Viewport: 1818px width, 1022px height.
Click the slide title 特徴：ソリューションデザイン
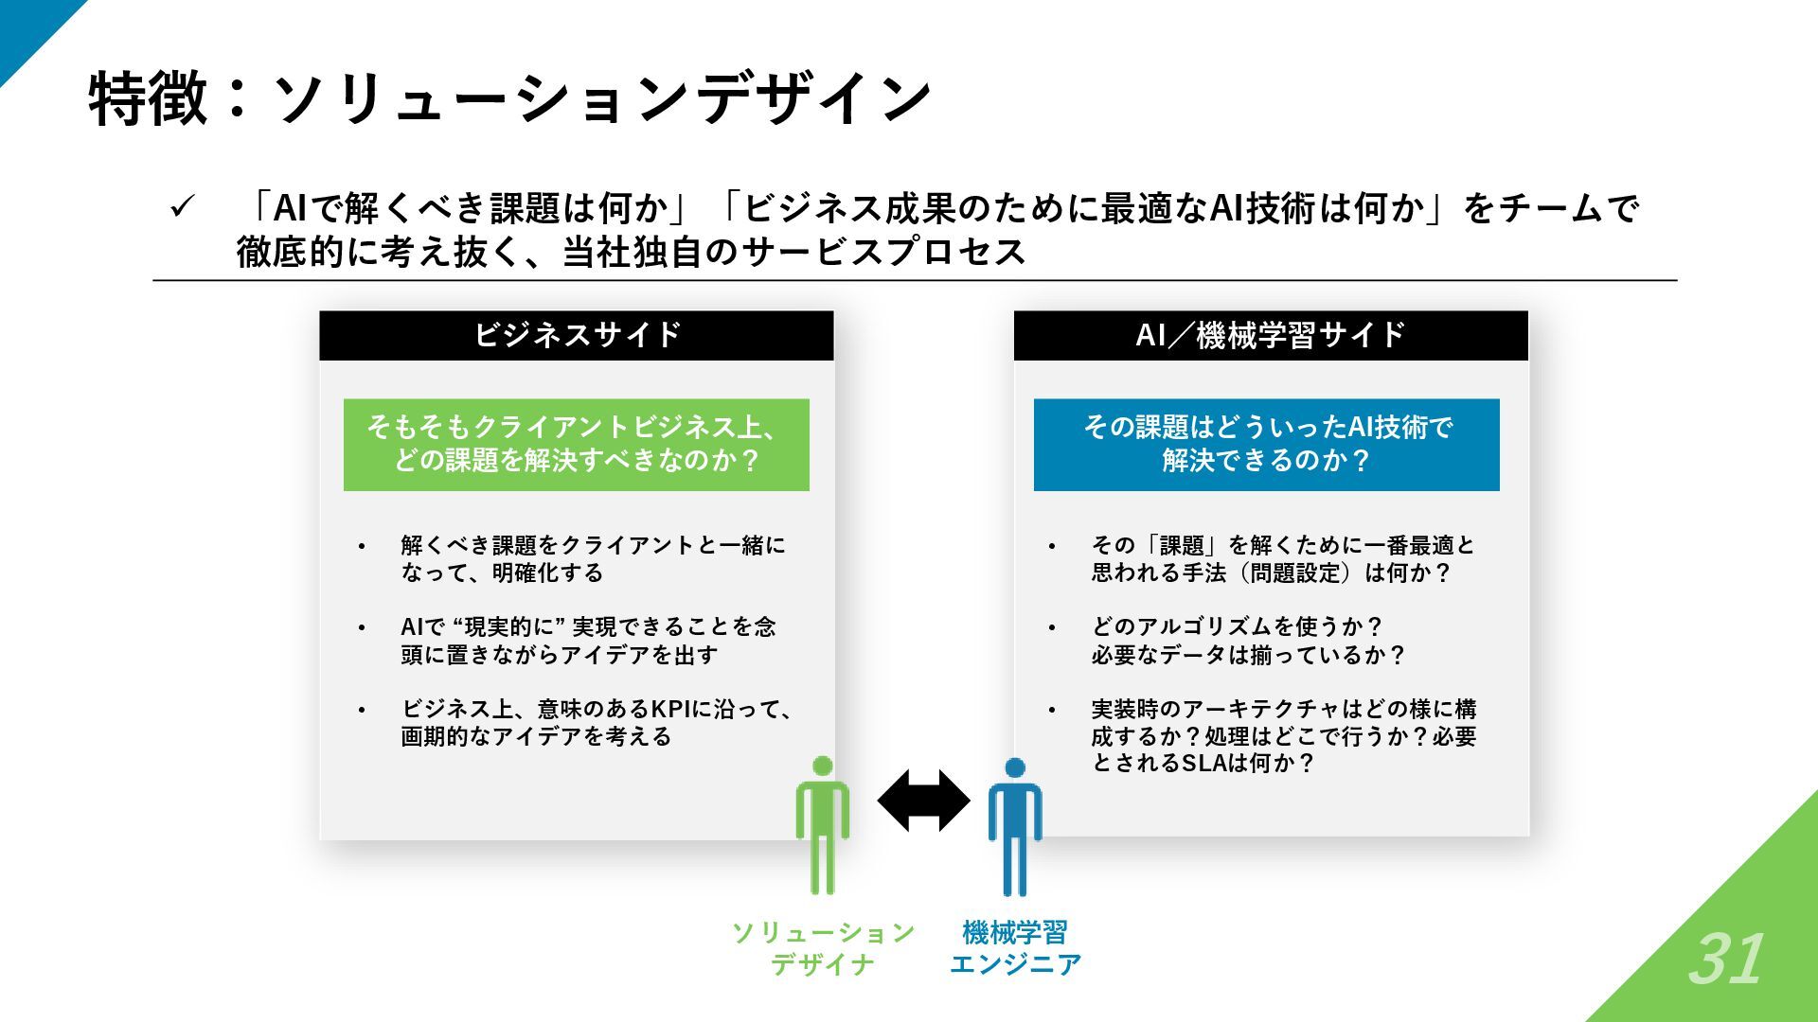[509, 98]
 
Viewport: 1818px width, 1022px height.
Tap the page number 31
[1725, 960]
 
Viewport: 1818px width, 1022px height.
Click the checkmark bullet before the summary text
[182, 207]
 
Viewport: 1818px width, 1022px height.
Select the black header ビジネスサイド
[577, 335]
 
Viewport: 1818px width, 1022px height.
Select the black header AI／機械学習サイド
[1271, 335]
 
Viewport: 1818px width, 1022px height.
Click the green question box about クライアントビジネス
[576, 445]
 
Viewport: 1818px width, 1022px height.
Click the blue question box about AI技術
[1266, 445]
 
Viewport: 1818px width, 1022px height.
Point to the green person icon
[822, 825]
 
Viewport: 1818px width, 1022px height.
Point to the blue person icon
[1015, 825]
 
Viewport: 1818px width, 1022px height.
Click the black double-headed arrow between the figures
[923, 801]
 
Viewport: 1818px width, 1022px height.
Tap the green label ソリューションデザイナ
[822, 948]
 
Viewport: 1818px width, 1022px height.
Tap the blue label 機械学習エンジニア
[1015, 948]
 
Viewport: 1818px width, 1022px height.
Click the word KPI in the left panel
[671, 709]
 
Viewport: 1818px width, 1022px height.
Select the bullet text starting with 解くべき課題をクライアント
[593, 558]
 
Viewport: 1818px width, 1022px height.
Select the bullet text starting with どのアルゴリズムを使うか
[1248, 641]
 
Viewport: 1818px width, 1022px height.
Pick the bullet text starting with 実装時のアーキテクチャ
[1283, 735]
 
